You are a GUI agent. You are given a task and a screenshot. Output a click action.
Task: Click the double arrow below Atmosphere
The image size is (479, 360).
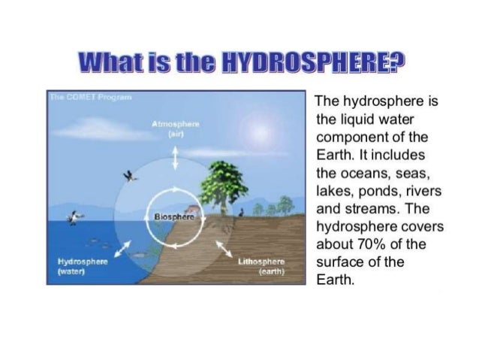click(176, 159)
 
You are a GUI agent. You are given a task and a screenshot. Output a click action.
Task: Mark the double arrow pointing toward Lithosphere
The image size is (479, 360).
click(226, 247)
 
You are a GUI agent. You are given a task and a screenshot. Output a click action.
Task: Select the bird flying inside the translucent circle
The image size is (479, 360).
click(131, 177)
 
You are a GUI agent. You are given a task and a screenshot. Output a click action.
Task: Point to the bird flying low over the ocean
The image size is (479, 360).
click(75, 216)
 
